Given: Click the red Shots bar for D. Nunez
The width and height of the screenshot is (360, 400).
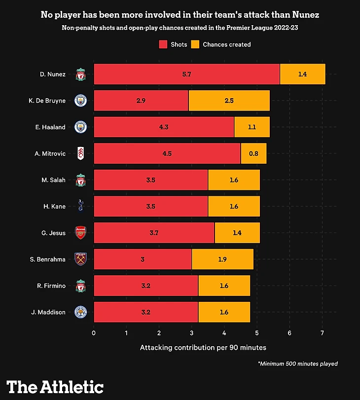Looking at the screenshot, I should click(186, 74).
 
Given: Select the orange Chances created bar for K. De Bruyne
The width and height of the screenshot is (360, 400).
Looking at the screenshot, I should click(229, 101).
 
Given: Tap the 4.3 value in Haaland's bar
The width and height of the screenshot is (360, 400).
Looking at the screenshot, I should click(164, 127).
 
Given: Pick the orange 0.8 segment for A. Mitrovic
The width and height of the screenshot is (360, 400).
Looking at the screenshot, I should click(253, 154).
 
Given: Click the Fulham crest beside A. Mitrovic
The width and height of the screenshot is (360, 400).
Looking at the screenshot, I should click(80, 154).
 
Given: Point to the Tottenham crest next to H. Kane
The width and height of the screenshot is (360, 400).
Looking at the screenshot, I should click(80, 207).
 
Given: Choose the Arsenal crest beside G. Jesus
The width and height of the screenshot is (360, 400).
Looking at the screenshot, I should click(80, 233).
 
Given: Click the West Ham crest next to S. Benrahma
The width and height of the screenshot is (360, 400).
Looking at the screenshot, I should click(80, 259).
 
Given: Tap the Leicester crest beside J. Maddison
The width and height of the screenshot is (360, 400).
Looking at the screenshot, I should click(80, 312).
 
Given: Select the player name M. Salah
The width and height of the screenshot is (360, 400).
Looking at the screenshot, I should click(54, 180).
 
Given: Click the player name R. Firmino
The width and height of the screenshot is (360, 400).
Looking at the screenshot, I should click(51, 286).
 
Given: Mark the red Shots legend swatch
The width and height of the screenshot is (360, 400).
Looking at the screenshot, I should click(163, 44).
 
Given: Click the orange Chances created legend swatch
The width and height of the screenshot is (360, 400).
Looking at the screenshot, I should click(195, 44).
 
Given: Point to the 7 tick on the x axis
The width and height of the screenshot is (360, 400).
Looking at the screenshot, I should click(322, 333).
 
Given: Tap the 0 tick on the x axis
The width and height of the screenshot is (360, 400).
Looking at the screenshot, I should click(94, 333).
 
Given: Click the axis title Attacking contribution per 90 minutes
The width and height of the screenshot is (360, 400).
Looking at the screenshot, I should click(203, 347).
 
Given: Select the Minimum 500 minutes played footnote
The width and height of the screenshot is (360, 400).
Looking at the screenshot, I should click(297, 364).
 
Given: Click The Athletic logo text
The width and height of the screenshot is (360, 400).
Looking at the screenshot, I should click(55, 387).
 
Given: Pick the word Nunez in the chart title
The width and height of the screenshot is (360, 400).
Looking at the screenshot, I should click(304, 15).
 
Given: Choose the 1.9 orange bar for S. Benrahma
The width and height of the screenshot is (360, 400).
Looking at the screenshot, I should click(222, 259).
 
